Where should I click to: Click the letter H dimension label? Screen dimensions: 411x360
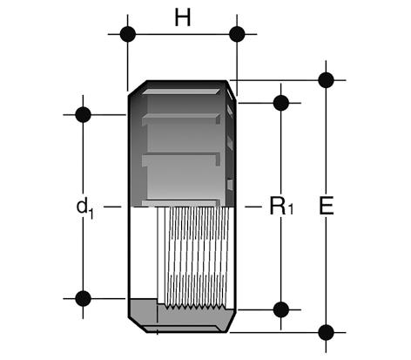point(183,17)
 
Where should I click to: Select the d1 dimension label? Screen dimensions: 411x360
point(85,207)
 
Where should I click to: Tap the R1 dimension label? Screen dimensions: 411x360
point(281,206)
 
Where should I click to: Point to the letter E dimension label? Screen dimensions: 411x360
point(327,206)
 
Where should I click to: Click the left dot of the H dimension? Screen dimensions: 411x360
point(128,34)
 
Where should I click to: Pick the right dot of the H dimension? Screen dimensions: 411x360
point(237,34)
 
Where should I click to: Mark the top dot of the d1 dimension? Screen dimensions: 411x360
point(83,115)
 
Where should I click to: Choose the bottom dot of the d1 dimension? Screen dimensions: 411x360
point(83,298)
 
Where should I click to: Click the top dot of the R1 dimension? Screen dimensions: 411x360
point(281,103)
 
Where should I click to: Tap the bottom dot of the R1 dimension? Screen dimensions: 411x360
point(281,309)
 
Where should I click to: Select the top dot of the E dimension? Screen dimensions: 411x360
point(326,80)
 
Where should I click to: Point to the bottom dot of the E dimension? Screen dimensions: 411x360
point(326,332)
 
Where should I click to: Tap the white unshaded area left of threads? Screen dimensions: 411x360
point(144,253)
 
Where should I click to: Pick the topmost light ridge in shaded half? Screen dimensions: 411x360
point(181,92)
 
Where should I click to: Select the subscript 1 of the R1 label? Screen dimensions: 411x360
point(290,209)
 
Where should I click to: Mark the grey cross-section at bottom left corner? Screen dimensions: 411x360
point(143,312)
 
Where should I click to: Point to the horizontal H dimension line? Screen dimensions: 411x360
point(182,34)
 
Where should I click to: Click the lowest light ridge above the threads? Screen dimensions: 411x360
point(180,203)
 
